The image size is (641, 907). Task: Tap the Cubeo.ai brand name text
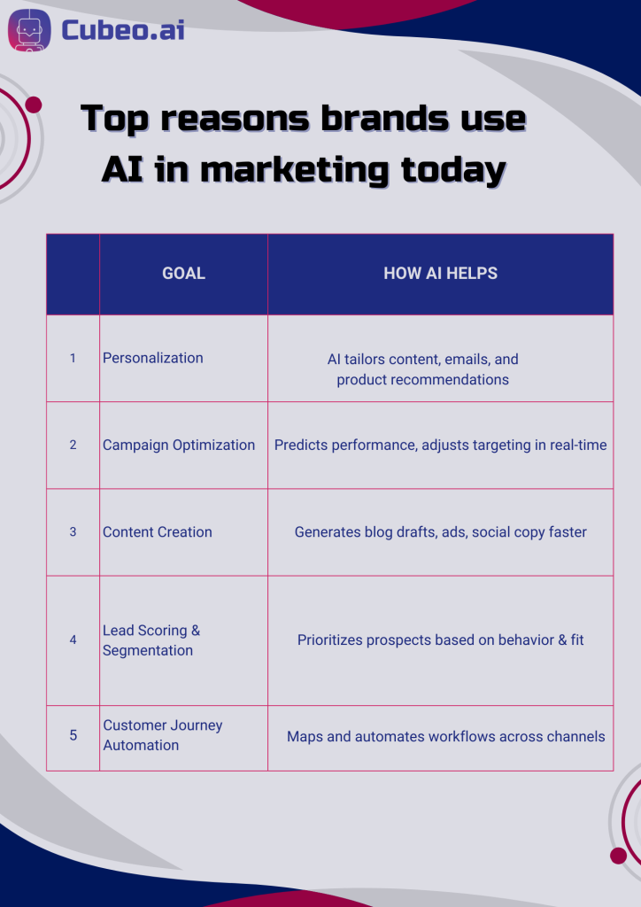122,28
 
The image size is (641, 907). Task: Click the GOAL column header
183,274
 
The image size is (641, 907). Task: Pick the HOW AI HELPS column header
440,274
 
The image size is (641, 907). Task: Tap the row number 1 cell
73,359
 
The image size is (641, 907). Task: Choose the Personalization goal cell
153,358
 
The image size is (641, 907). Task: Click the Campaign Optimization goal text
179,445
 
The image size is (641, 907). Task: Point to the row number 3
73,531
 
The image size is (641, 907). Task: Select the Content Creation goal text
158,531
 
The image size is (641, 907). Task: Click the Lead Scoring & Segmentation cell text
151,640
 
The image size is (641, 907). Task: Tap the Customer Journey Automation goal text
163,735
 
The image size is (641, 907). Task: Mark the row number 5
73,735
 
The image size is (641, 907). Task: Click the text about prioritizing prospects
440,640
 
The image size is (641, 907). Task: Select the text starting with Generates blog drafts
440,531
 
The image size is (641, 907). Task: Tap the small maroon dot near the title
34,105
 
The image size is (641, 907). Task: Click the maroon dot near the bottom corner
618,855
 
